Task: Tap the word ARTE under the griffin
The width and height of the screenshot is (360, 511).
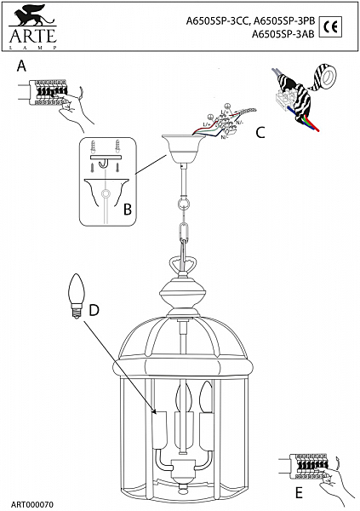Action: (32, 35)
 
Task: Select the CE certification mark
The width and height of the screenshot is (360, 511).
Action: (334, 25)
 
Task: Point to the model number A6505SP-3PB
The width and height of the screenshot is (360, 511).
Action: (286, 23)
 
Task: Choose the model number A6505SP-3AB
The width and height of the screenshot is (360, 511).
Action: (284, 35)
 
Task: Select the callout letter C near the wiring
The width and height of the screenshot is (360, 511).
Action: (260, 132)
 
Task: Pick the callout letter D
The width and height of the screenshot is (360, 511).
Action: (94, 309)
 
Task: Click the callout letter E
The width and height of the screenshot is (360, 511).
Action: (298, 492)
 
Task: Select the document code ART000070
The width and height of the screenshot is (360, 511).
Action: (32, 504)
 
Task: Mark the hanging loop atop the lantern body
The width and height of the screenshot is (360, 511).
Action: (181, 266)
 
